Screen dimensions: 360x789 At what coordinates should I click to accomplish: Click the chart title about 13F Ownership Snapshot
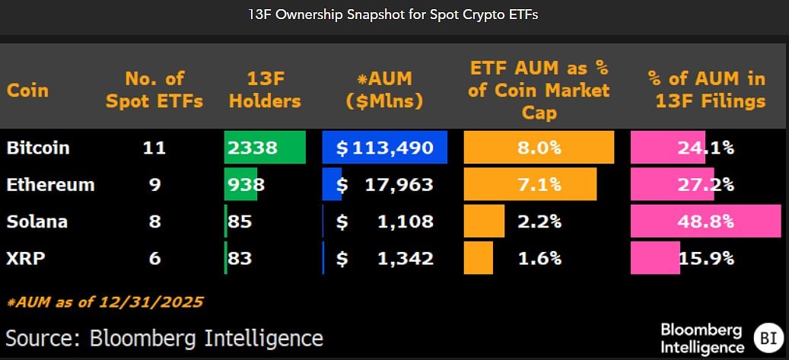coord(394,15)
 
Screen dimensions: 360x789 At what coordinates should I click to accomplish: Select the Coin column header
coord(28,90)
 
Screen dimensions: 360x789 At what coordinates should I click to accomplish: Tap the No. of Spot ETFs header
coord(154,90)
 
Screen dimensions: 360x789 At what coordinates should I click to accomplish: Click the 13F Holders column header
coord(265,90)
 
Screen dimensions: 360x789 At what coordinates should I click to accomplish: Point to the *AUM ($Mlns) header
coord(384,90)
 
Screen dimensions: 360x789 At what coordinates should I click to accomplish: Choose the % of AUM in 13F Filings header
coord(705,90)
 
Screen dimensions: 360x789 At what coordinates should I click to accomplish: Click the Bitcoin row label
coord(38,148)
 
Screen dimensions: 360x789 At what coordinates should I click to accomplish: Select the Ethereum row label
coord(50,184)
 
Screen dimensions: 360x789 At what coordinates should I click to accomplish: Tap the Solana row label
coord(37,221)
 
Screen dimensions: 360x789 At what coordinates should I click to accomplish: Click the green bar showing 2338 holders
coord(265,148)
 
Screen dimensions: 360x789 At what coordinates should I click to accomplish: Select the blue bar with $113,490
coord(384,148)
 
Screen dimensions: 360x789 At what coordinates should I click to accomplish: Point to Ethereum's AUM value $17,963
coord(385,184)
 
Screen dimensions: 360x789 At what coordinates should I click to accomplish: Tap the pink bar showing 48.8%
coord(705,221)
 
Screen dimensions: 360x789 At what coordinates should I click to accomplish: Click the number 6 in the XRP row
coord(154,258)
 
